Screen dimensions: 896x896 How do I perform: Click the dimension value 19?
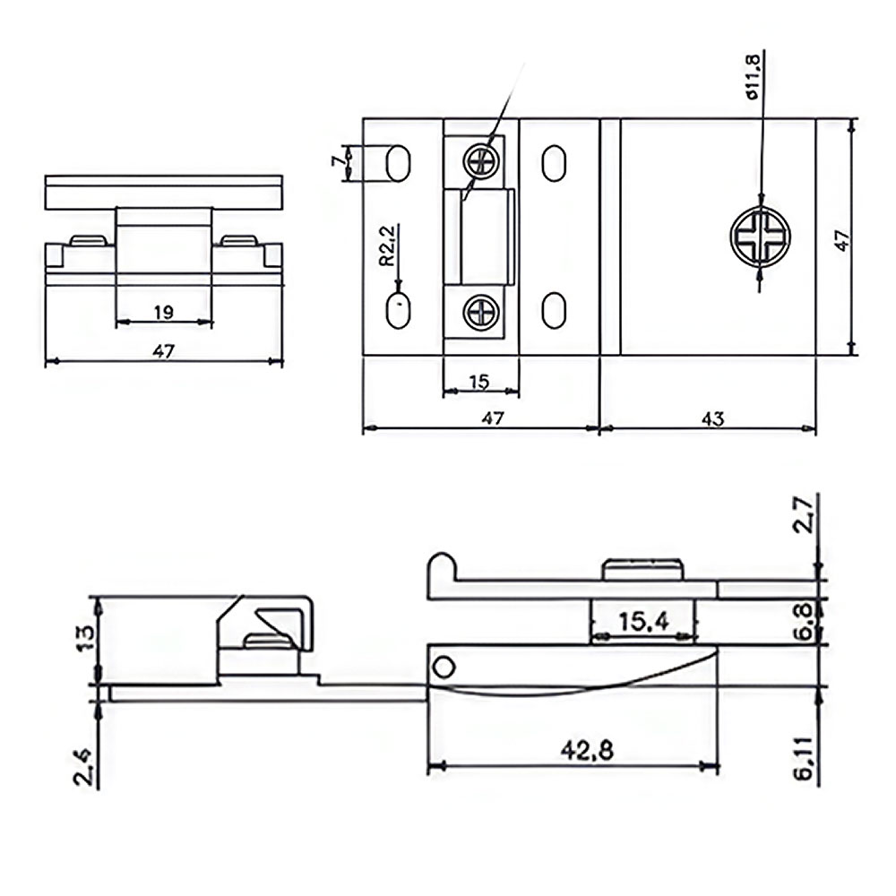pos(163,312)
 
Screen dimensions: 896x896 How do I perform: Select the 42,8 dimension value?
pos(587,750)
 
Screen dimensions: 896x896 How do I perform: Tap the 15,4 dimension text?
pos(643,621)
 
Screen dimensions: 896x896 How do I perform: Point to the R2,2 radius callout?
pos(387,246)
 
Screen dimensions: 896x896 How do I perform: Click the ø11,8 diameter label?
pos(754,76)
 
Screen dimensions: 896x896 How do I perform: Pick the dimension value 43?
pos(712,418)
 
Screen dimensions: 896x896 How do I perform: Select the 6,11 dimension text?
pos(804,758)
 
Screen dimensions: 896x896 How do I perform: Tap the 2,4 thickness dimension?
pos(84,769)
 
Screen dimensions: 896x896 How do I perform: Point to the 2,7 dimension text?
pos(804,515)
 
